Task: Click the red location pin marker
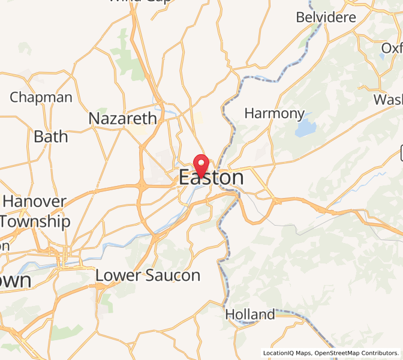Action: pyautogui.click(x=200, y=163)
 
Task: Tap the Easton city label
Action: pyautogui.click(x=211, y=178)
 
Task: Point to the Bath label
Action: pyautogui.click(x=50, y=137)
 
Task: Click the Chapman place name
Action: pyautogui.click(x=41, y=97)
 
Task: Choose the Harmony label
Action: pyautogui.click(x=275, y=113)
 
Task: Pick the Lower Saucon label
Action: pyautogui.click(x=148, y=275)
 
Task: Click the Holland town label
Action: pyautogui.click(x=249, y=314)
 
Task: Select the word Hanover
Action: pyautogui.click(x=34, y=201)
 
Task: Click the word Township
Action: pyautogui.click(x=35, y=221)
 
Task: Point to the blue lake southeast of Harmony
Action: pyautogui.click(x=305, y=128)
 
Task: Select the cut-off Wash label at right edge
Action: pyautogui.click(x=388, y=99)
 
